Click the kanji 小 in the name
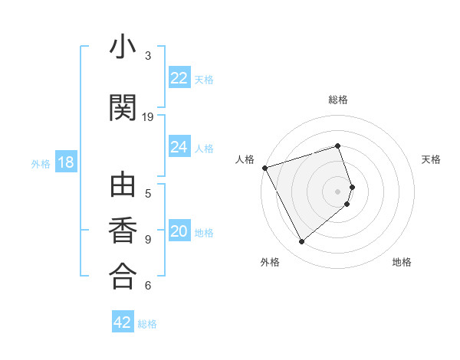point(122,47)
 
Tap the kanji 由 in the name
point(122,187)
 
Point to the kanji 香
point(122,231)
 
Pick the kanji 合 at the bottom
point(122,277)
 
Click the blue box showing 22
point(179,78)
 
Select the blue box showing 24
point(179,147)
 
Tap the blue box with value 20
point(179,232)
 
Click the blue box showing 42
point(123,322)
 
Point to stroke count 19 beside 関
point(148,117)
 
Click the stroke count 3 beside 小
point(148,56)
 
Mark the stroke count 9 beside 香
point(148,240)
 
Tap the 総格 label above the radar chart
point(338,100)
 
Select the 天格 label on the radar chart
point(431,159)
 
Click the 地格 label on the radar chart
point(402,262)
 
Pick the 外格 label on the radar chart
point(270,262)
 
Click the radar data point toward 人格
point(264,167)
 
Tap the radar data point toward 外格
point(301,241)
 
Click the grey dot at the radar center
point(338,191)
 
